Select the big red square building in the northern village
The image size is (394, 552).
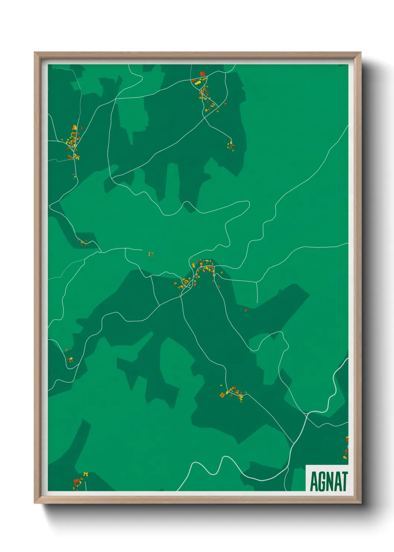click(203, 74)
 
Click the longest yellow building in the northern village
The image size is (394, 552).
click(198, 83)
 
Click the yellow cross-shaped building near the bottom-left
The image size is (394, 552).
click(85, 474)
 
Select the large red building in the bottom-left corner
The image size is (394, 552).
click(77, 482)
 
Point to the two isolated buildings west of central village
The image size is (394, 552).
click(151, 254)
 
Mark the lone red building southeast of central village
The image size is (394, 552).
click(246, 310)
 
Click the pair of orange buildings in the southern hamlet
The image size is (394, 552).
click(222, 395)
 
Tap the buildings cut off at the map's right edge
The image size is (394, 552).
click(346, 448)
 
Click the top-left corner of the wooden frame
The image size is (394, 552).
click(35, 53)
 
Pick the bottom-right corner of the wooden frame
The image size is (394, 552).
click(360, 504)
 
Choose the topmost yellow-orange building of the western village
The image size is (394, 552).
click(74, 128)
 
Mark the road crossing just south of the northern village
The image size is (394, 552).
click(204, 118)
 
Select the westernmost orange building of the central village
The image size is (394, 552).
click(176, 284)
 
